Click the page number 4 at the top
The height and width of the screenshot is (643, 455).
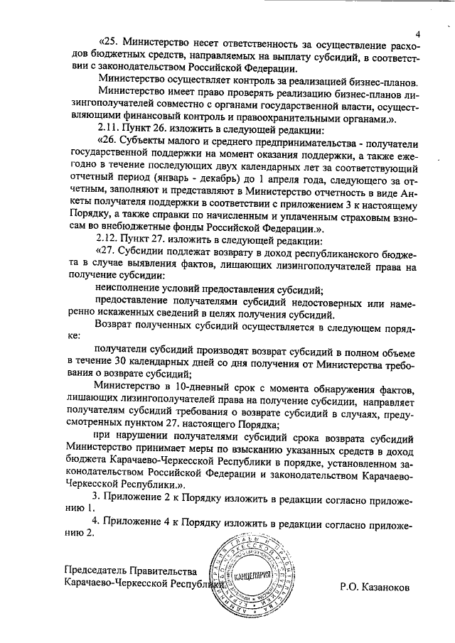coord(418,35)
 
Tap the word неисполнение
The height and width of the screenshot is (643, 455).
coord(129,289)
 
